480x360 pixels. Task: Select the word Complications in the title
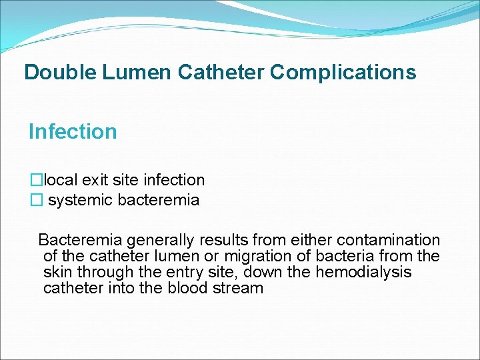pos(343,72)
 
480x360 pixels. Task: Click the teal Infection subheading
pos(73,131)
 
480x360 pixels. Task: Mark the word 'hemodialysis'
pos(363,272)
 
